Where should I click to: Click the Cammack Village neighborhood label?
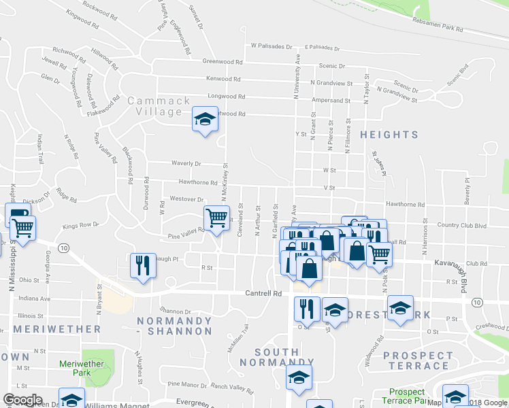coord(159,106)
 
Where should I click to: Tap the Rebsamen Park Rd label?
coord(438,25)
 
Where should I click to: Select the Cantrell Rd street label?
coord(263,294)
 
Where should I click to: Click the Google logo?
coord(22,400)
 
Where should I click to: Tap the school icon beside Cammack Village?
coord(205,120)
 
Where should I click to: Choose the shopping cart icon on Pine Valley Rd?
coord(217,219)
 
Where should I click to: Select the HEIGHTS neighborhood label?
coord(389,135)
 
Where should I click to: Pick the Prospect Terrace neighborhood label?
coord(418,360)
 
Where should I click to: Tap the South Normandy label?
coord(277,358)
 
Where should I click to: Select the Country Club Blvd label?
coord(463,225)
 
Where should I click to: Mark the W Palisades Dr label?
coord(271,47)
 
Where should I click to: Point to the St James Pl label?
coord(378,165)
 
